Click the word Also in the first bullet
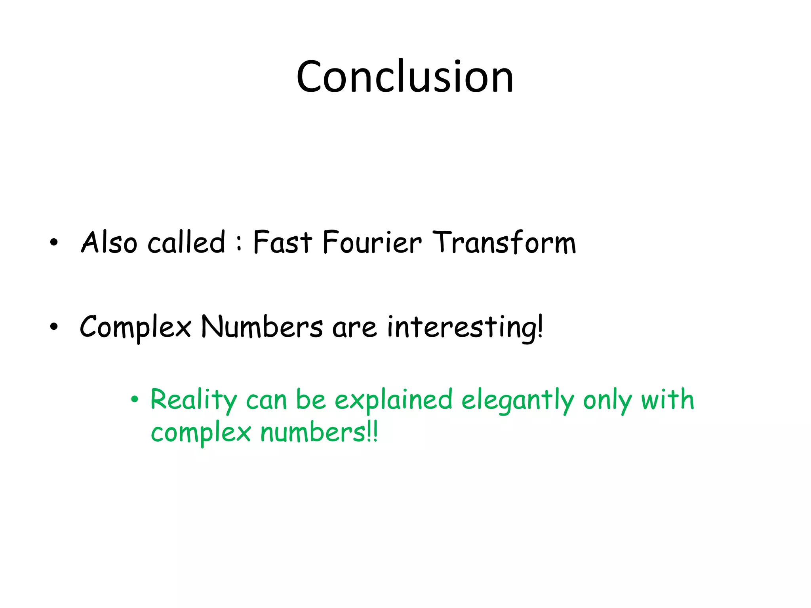point(109,242)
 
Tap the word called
point(187,242)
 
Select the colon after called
point(239,242)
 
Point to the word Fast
point(282,242)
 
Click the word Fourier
point(372,242)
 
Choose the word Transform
point(504,242)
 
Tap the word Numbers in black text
point(261,327)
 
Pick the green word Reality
point(193,400)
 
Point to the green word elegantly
point(517,400)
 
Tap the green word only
point(607,400)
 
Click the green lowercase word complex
point(201,433)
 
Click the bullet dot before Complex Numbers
point(54,327)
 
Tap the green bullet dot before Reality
point(135,399)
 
